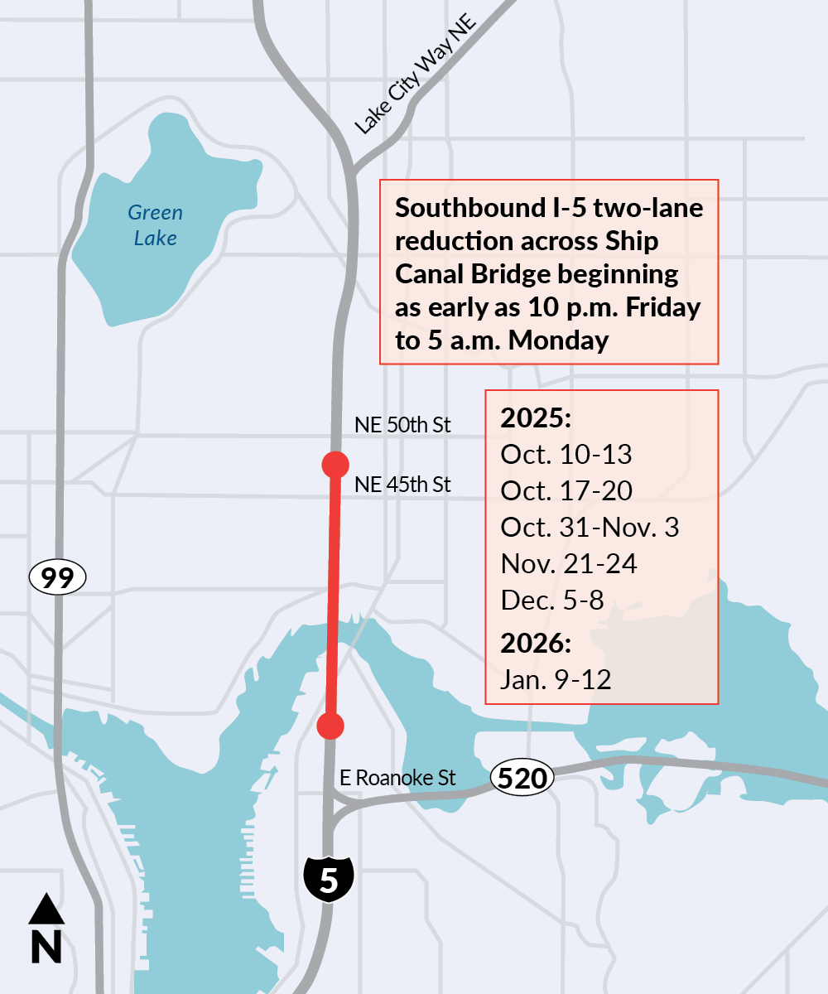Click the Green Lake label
(155, 225)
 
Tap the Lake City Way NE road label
(416, 79)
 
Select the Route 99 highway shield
(57, 577)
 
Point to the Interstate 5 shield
(329, 880)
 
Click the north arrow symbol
(46, 928)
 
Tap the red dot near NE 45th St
(335, 464)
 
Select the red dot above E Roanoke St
(330, 726)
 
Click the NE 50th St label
(402, 426)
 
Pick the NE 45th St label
(402, 485)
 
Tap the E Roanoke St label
(398, 779)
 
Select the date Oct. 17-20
(566, 491)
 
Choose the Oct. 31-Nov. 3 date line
(590, 528)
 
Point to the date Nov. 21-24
(569, 565)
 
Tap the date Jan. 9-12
(556, 679)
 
